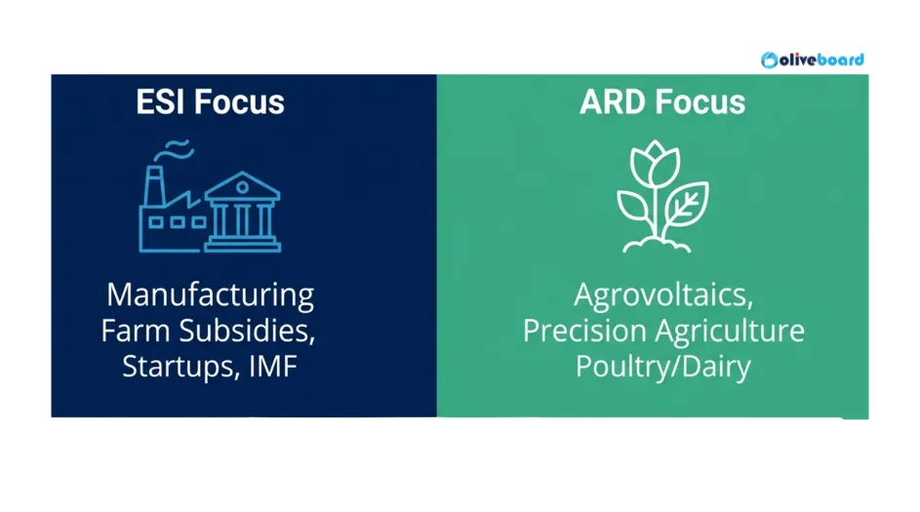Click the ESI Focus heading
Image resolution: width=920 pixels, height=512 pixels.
210,102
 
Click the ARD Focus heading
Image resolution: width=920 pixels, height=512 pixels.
662,102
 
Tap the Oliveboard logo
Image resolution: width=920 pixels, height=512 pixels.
813,59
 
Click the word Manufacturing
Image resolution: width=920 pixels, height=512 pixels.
210,295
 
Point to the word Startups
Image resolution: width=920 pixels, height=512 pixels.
174,367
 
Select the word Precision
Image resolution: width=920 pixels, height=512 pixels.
584,331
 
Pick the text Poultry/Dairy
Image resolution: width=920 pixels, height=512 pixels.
662,367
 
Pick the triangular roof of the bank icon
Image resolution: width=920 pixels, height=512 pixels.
242,184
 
